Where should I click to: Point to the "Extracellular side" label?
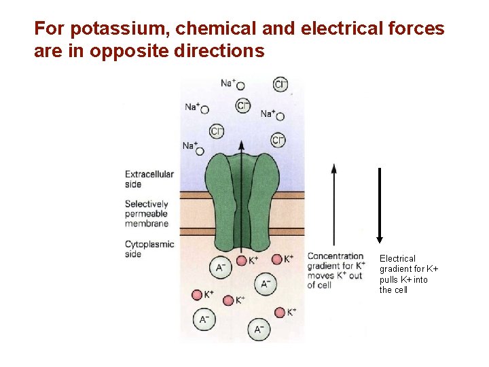pos(149,179)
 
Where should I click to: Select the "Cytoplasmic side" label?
pos(149,249)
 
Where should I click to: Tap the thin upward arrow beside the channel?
pos(333,204)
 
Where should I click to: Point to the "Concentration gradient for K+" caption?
pos(336,270)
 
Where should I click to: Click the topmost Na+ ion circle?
pos(240,86)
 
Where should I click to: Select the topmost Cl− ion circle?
pos(280,84)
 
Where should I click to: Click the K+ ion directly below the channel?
pos(242,260)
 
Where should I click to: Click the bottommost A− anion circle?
pos(258,329)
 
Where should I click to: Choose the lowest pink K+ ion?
pos(280,312)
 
